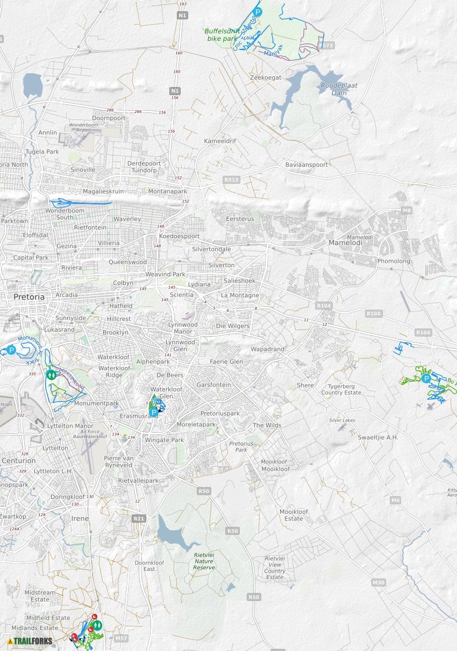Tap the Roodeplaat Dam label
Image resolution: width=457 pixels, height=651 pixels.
339,89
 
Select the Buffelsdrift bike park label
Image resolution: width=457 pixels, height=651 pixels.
222,35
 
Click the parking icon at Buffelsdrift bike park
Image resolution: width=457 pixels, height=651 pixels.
258,12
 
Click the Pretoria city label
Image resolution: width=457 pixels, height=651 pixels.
29,296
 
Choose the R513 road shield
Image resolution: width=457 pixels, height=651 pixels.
231,180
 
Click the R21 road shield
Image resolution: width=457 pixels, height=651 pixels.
138,518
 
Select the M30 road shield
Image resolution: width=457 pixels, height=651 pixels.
379,583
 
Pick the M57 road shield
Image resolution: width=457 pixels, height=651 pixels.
122,638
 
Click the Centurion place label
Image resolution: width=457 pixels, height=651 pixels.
18,461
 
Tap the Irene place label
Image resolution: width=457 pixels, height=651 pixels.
80,518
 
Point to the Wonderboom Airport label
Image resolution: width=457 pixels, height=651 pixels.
84,127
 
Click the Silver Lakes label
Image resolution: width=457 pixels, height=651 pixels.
342,420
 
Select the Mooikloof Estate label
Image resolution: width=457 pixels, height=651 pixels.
294,515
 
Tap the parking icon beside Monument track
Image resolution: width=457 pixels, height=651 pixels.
11,350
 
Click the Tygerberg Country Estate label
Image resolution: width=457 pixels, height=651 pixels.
341,389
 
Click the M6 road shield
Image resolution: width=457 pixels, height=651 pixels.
396,500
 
